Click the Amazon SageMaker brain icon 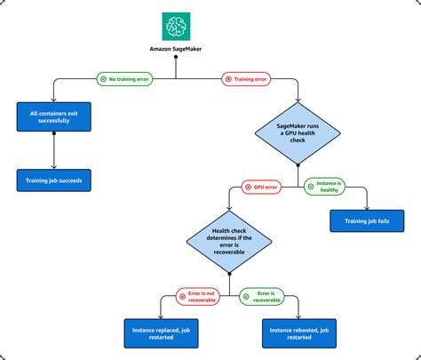click(x=175, y=24)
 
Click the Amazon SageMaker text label click(x=175, y=47)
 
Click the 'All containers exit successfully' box click(x=54, y=116)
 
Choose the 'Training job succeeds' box click(x=54, y=179)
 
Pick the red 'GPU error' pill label click(x=264, y=187)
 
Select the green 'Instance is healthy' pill click(x=328, y=187)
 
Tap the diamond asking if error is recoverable click(x=230, y=241)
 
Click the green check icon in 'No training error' click(x=105, y=79)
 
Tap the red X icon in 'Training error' click(x=228, y=79)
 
